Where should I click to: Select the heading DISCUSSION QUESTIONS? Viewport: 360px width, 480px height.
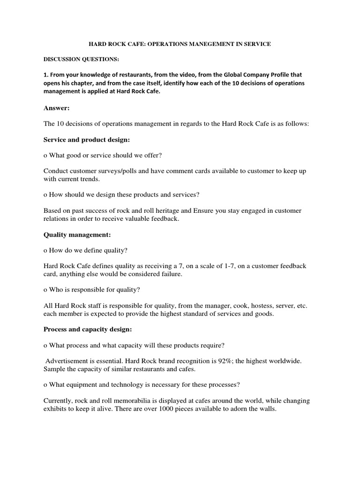pos(75,59)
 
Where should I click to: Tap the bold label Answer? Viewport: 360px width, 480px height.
pos(56,108)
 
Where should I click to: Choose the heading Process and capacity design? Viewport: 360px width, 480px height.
pos(88,330)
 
